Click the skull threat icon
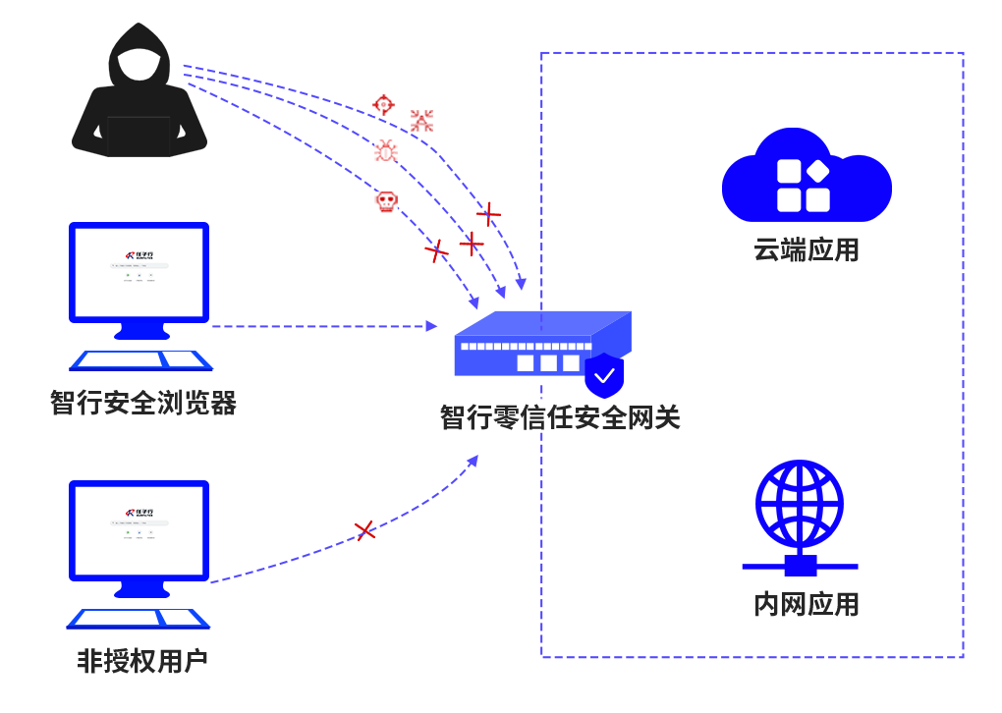tap(386, 202)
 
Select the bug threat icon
tap(386, 150)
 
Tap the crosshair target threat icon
tap(383, 105)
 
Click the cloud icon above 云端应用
tap(807, 177)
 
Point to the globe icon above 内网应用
tap(800, 505)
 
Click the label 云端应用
tap(807, 250)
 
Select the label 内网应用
tap(807, 604)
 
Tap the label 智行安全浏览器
tap(143, 403)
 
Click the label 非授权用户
tap(143, 661)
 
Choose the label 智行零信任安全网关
tap(560, 417)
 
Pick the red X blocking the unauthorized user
tap(364, 531)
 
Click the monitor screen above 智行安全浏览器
tap(139, 272)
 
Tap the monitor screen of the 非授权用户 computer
tap(139, 530)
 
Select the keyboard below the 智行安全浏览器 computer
tap(140, 360)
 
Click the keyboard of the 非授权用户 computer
tap(139, 618)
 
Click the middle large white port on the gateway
tap(548, 363)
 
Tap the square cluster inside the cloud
tap(804, 186)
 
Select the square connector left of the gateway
tap(431, 326)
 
